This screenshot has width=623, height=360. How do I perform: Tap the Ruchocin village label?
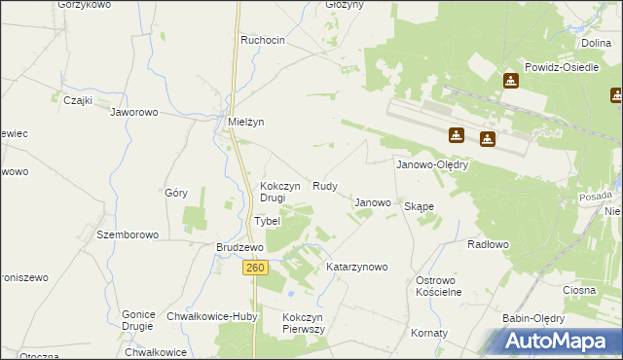[x=263, y=40]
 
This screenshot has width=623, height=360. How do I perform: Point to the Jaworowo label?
[x=134, y=112]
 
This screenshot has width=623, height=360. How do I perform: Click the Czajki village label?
[x=77, y=99]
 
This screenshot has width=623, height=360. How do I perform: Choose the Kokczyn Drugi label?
[x=273, y=192]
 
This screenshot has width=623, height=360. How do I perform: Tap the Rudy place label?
[x=325, y=185]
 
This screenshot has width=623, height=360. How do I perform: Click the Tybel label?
[x=267, y=221]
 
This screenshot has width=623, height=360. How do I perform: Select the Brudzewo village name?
[x=238, y=247]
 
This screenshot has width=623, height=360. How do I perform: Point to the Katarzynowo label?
[x=357, y=266]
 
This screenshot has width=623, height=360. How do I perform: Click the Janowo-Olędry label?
[x=432, y=164]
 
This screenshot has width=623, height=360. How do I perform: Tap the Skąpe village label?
[x=419, y=206]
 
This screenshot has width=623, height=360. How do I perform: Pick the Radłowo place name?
[x=488, y=244]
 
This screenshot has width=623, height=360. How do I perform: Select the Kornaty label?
[x=428, y=333]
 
